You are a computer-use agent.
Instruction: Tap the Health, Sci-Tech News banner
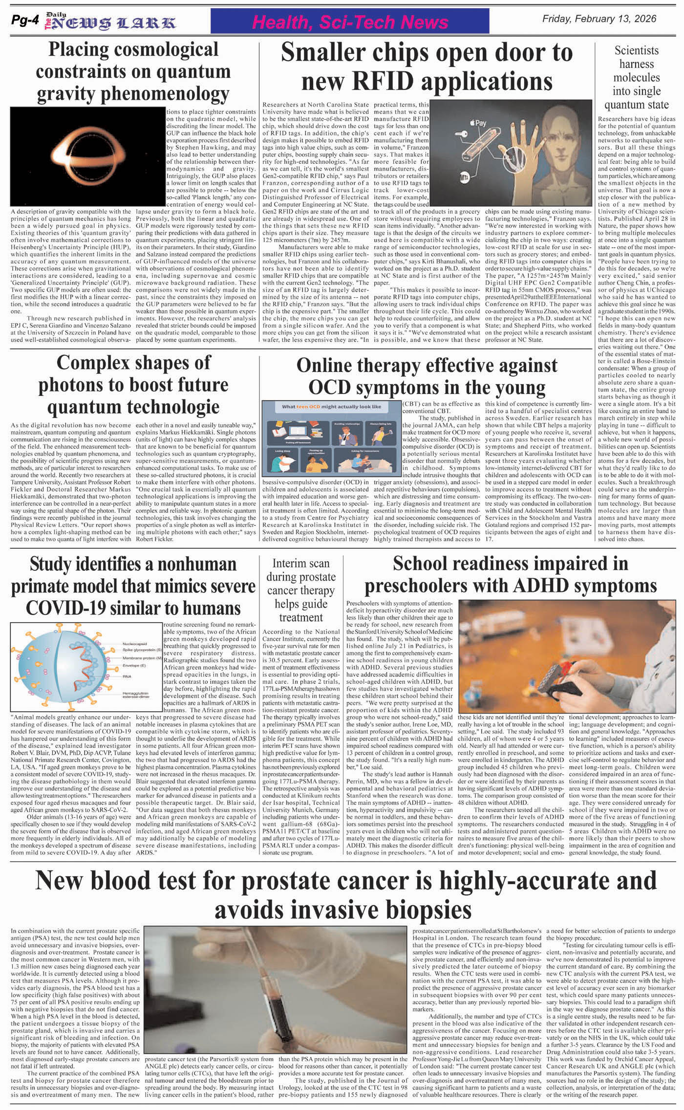coord(350,22)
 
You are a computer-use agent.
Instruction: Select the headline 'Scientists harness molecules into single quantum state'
coord(636,77)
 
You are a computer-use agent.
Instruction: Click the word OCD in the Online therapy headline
coord(330,388)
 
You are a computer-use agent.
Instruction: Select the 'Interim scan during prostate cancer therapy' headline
coord(300,590)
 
